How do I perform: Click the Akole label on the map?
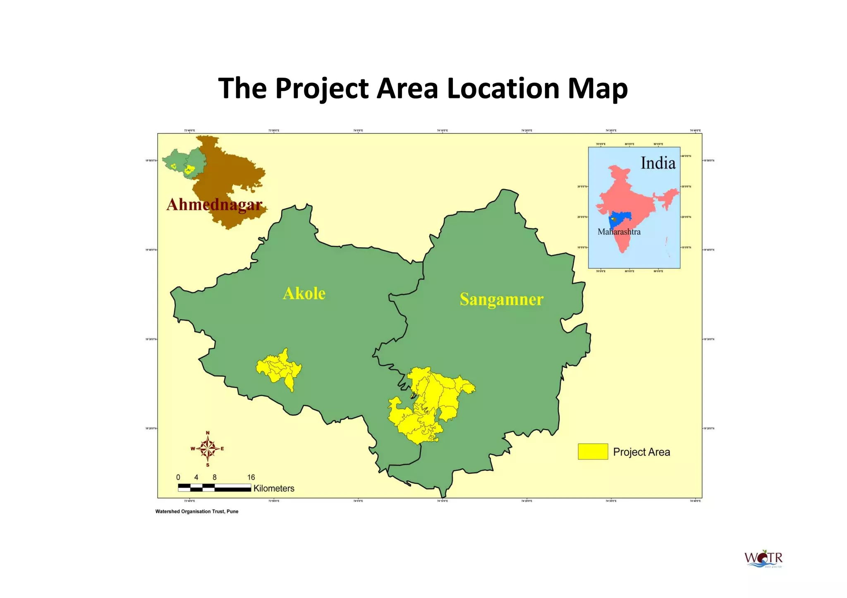(x=304, y=293)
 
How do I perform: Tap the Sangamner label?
(x=501, y=299)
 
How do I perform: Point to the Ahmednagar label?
(x=214, y=205)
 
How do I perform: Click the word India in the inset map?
(x=658, y=163)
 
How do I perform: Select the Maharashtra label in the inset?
(x=619, y=232)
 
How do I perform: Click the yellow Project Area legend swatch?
(x=593, y=451)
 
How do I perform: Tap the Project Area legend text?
(x=641, y=452)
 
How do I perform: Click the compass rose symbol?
(x=208, y=448)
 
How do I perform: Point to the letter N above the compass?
(x=208, y=433)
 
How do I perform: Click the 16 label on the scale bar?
(x=251, y=477)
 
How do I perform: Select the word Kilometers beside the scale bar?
(x=274, y=488)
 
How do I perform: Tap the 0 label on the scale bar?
(x=178, y=477)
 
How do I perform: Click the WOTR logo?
(x=763, y=559)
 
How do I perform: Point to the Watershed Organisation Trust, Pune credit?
(x=197, y=512)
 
